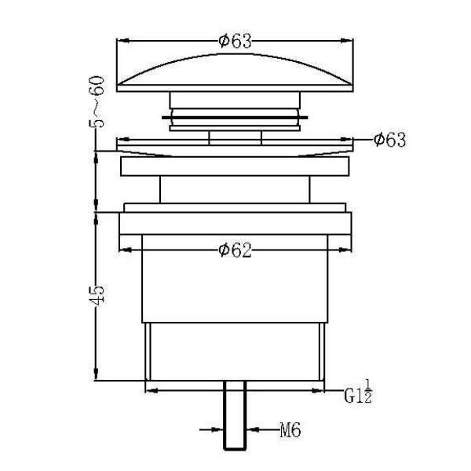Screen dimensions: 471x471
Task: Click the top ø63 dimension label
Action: [x=235, y=41]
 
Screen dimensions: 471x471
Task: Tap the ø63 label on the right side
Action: [x=389, y=140]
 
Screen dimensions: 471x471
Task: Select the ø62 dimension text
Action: [x=235, y=250]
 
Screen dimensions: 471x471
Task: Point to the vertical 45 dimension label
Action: [x=97, y=295]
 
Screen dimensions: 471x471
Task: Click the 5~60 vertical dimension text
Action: [x=97, y=101]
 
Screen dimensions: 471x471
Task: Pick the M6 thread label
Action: [x=290, y=429]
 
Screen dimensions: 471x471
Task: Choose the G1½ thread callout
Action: [x=358, y=392]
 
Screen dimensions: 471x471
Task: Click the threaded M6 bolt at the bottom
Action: [x=235, y=416]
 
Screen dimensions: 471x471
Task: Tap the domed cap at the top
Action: [x=235, y=72]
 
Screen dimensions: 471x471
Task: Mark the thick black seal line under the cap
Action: [x=235, y=118]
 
